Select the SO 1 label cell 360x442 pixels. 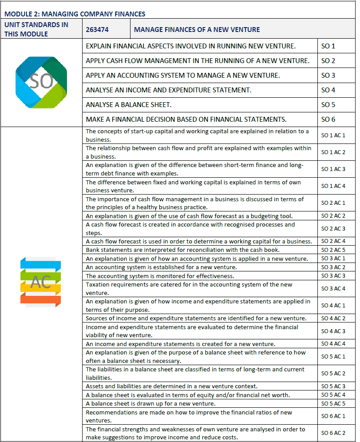pos(328,46)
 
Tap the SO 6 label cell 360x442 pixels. pos(328,119)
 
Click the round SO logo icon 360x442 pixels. pos(41,82)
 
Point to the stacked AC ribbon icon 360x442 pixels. pos(40,282)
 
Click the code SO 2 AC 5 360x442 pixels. pos(333,250)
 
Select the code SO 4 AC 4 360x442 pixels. pos(333,344)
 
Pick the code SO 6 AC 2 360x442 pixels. pos(333,433)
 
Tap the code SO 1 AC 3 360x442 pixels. pos(333,169)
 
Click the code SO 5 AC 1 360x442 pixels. pos(333,357)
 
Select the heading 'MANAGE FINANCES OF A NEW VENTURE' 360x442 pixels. pos(197,30)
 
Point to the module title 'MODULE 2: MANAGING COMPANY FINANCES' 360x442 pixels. pos(75,14)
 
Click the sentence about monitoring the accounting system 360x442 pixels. pos(160,276)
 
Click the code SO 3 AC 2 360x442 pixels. pos(333,267)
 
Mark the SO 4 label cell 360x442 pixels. pos(328,90)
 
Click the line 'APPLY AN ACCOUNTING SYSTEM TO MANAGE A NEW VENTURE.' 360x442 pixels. pos(183,76)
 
